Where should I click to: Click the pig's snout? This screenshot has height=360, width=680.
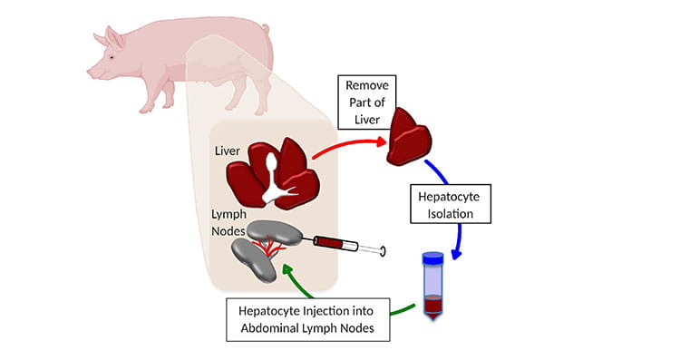(92, 71)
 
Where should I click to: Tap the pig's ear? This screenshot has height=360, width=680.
(114, 38)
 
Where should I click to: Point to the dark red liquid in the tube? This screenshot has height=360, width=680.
(433, 306)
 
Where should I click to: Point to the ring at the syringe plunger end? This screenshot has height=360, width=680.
(383, 250)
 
